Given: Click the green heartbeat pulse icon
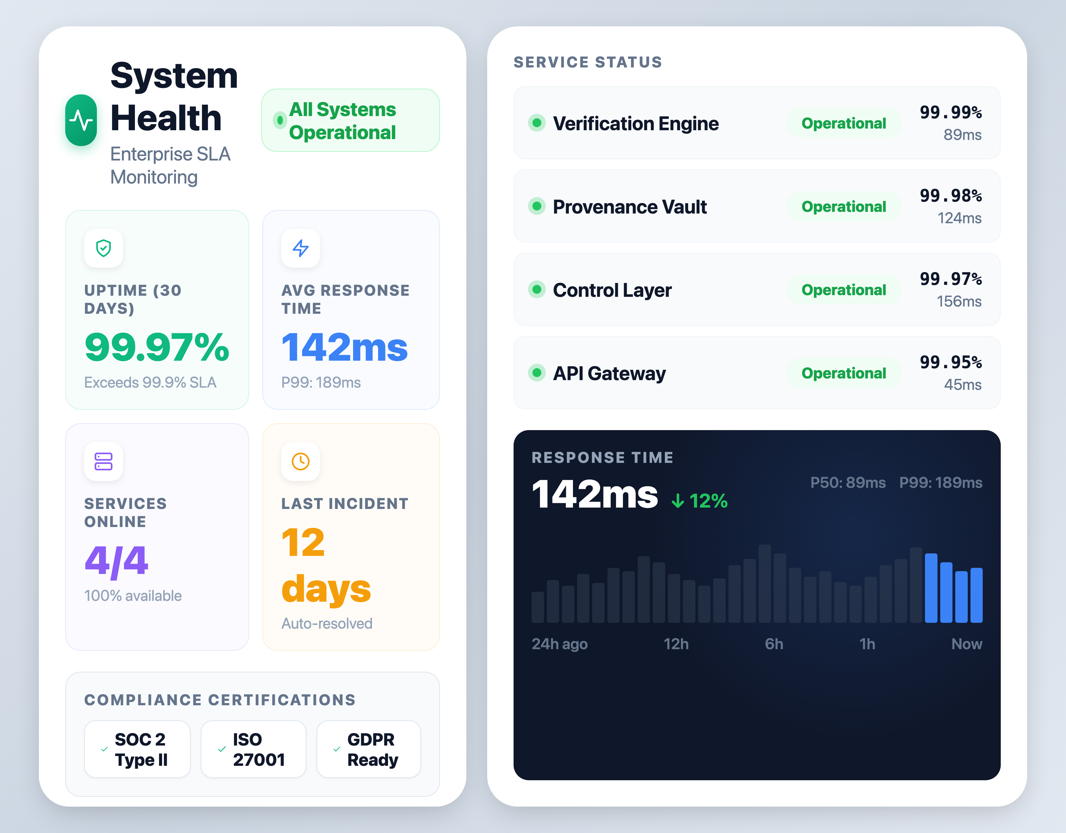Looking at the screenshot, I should click(x=81, y=120).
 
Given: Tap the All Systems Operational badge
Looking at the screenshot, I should click(x=350, y=121).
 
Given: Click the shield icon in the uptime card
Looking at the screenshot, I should click(x=104, y=248).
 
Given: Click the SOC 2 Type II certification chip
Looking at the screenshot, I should click(x=137, y=749).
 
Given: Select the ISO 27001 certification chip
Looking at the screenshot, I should click(x=253, y=749).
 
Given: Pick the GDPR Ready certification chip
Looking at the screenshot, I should click(x=368, y=749).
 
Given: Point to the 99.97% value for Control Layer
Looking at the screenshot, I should click(x=950, y=279).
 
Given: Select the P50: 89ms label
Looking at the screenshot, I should click(x=848, y=482).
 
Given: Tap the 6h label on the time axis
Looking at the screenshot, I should click(x=774, y=644).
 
